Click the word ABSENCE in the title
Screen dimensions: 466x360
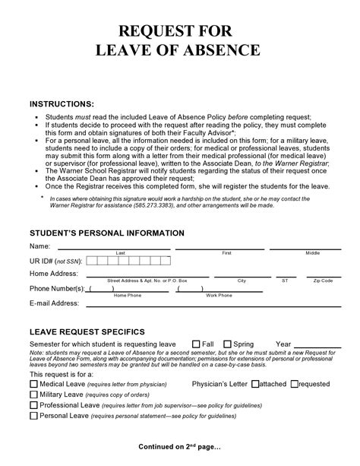click(x=220, y=51)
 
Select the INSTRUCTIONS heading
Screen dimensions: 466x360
click(x=62, y=103)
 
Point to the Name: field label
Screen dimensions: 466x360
click(x=39, y=247)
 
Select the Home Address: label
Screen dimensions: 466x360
click(x=54, y=274)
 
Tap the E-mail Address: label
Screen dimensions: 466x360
click(x=54, y=303)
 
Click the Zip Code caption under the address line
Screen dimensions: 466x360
click(x=323, y=281)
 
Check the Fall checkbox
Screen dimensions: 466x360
click(x=196, y=343)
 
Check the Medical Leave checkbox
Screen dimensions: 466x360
click(x=33, y=384)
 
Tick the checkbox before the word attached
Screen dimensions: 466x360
click(x=255, y=384)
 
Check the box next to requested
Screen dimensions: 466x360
click(x=293, y=384)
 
